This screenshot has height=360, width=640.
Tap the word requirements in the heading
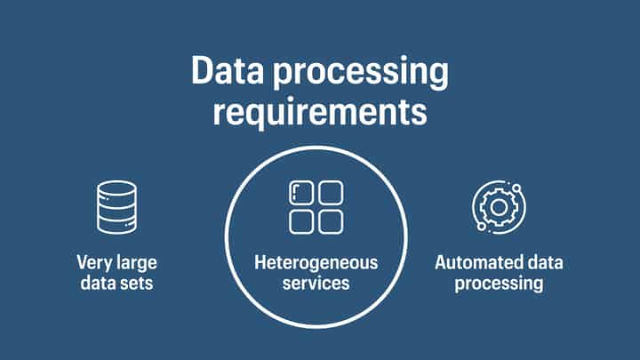click(319, 113)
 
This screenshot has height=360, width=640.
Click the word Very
click(93, 263)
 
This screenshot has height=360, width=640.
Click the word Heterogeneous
click(316, 263)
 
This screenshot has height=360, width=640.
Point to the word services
click(316, 284)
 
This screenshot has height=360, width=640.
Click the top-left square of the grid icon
click(301, 193)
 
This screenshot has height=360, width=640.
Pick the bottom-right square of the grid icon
click(331, 221)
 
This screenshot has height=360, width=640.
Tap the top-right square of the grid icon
click(331, 193)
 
